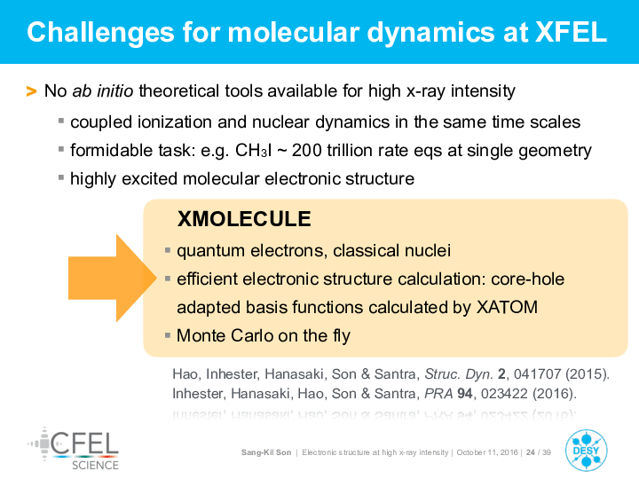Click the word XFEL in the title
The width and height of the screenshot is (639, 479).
click(x=571, y=32)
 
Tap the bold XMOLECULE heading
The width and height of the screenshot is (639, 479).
click(x=244, y=219)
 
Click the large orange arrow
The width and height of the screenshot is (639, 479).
click(x=113, y=279)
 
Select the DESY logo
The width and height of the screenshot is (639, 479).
click(x=586, y=451)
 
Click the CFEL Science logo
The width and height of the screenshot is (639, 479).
click(x=74, y=449)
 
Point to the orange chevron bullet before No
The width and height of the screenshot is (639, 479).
click(x=31, y=91)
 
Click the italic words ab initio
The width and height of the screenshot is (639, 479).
click(x=103, y=90)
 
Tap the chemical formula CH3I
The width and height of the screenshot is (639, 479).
click(x=254, y=151)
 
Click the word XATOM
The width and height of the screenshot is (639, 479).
click(x=507, y=307)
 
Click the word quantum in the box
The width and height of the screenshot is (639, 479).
click(x=210, y=251)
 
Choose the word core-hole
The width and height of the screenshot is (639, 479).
click(x=528, y=279)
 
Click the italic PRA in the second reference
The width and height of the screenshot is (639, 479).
click(x=438, y=394)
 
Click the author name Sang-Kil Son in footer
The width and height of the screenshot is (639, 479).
click(x=266, y=452)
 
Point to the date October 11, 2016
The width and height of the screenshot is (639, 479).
click(x=487, y=452)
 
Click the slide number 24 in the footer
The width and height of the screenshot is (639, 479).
click(x=530, y=452)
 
